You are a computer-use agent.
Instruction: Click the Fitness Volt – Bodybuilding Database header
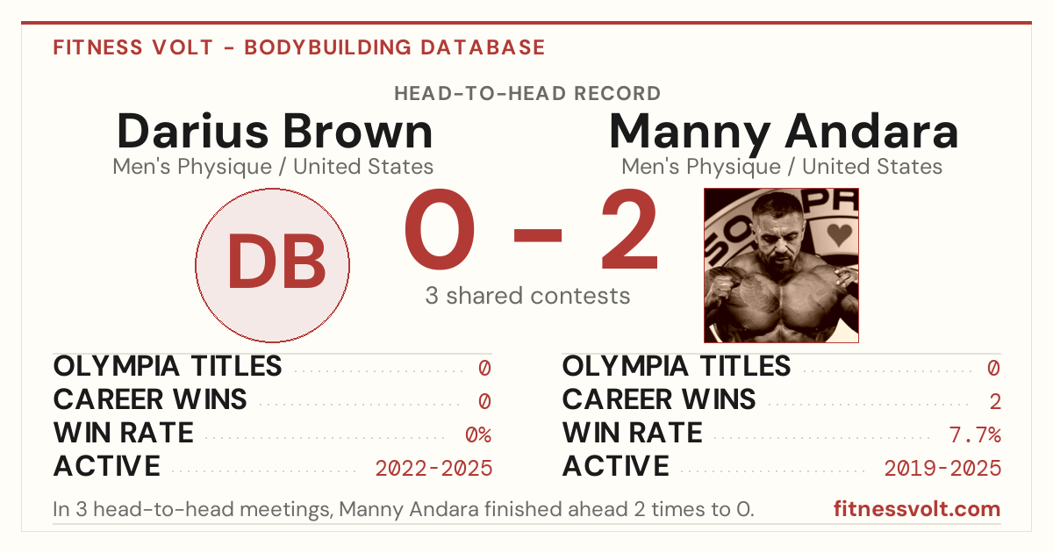(x=299, y=47)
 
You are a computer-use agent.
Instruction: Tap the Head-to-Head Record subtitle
(x=527, y=94)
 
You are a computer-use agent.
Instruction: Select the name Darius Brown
(x=275, y=131)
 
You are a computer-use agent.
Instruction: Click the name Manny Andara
(x=784, y=133)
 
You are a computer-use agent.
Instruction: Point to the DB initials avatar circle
(x=273, y=265)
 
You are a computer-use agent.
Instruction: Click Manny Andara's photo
(x=781, y=265)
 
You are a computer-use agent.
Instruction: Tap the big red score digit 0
(x=440, y=229)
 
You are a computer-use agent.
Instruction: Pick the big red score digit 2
(x=630, y=229)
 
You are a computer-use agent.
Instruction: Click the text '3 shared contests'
(x=527, y=296)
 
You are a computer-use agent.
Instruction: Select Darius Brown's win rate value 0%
(x=478, y=434)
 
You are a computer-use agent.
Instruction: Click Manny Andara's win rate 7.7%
(x=975, y=434)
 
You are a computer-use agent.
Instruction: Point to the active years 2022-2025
(x=433, y=469)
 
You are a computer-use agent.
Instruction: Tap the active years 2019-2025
(x=942, y=469)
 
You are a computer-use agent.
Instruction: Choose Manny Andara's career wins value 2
(x=995, y=402)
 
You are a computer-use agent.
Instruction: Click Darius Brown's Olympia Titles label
(x=168, y=366)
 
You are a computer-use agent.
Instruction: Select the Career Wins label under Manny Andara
(x=659, y=399)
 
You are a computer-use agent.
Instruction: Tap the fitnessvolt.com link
(x=917, y=509)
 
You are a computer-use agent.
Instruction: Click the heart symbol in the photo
(x=840, y=234)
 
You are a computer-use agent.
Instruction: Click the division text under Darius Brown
(x=273, y=167)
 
